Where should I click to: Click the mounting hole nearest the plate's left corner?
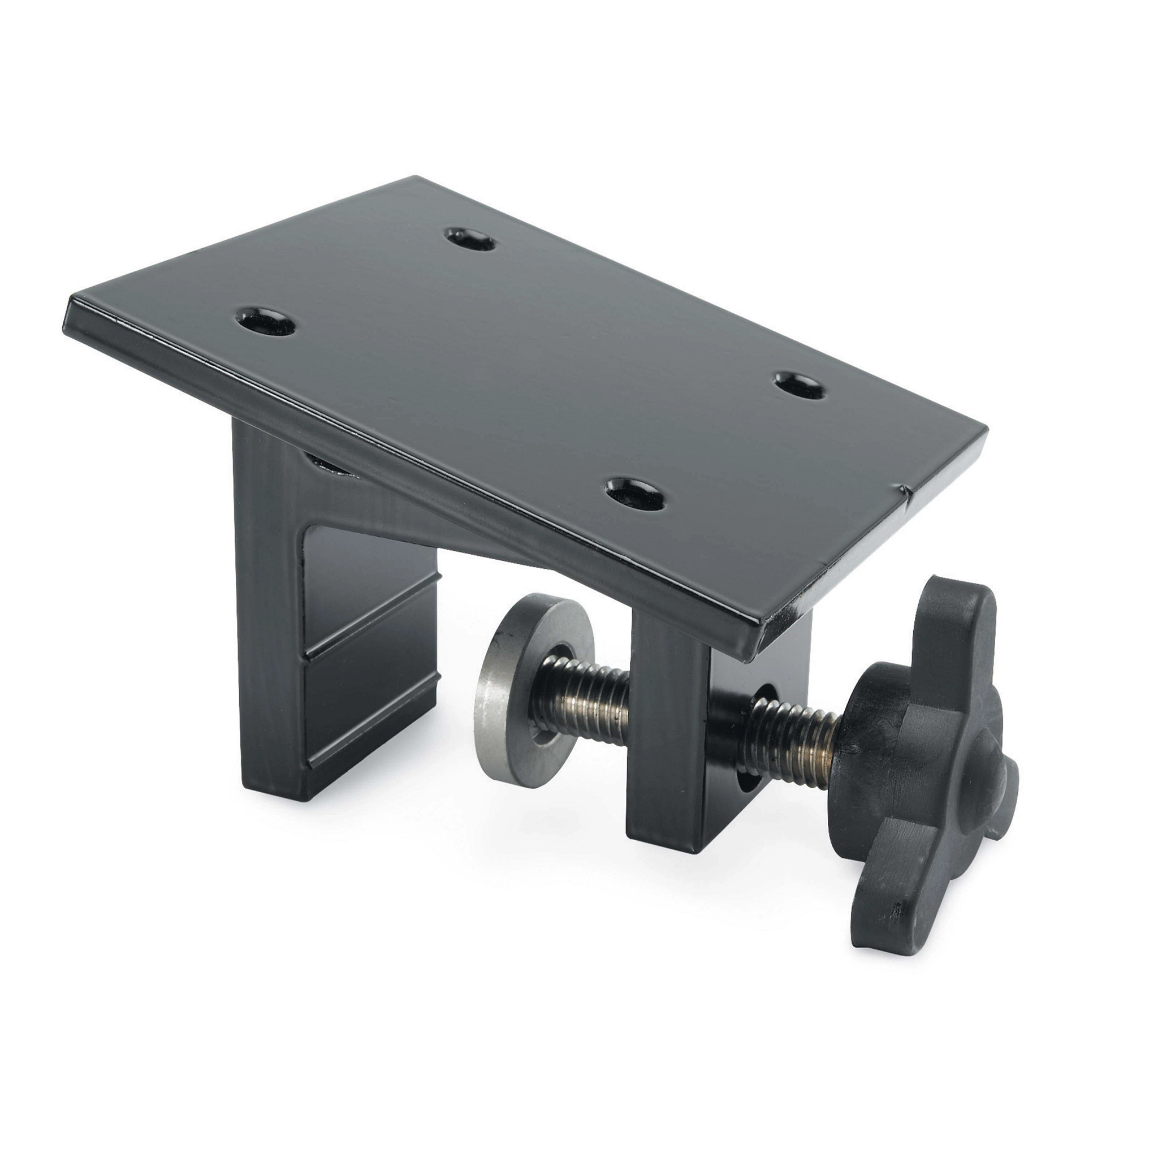pyautogui.click(x=266, y=322)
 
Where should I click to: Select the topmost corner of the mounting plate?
pyautogui.click(x=413, y=179)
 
